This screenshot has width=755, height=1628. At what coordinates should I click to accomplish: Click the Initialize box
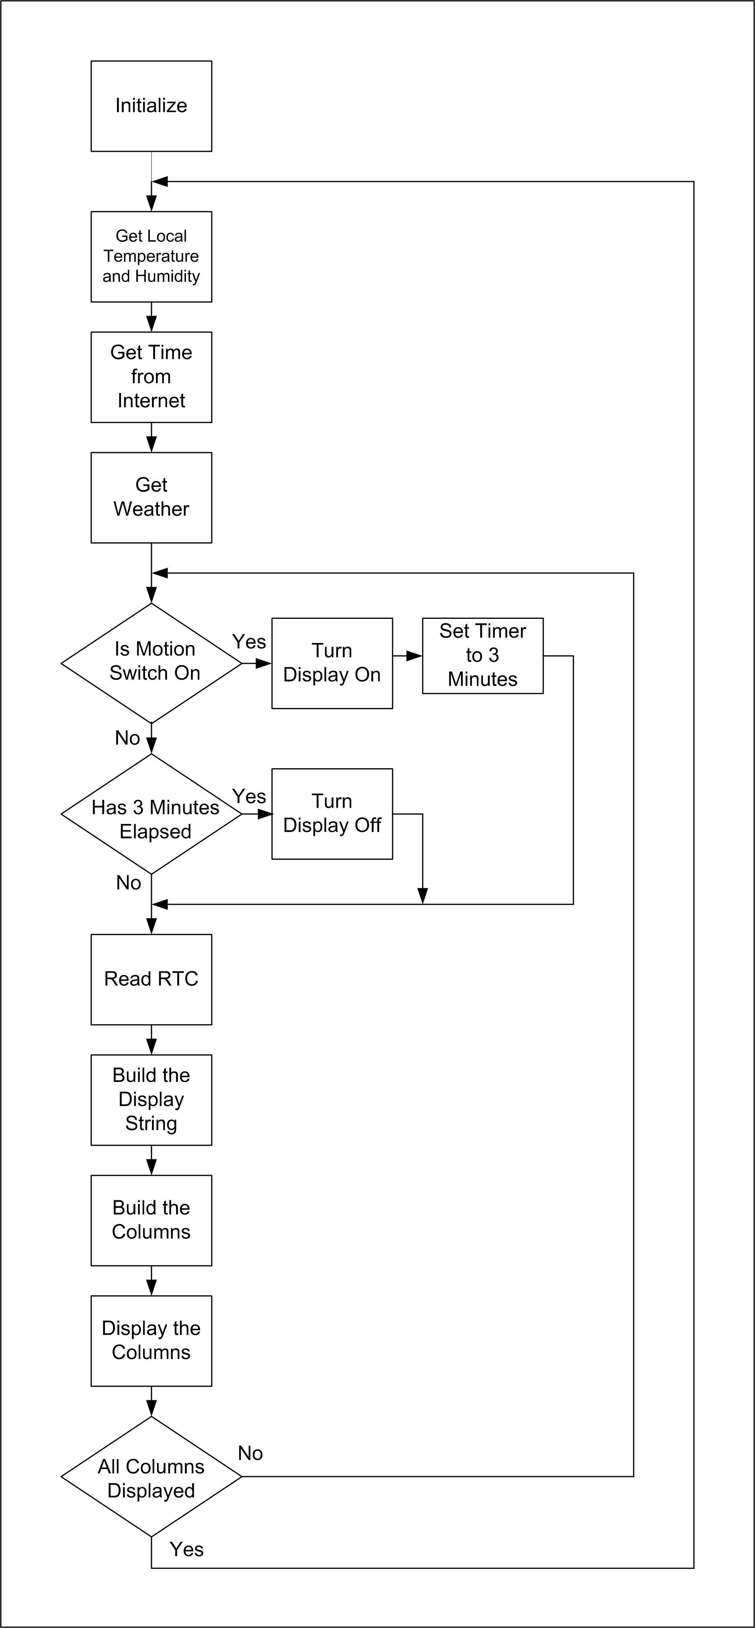click(x=151, y=106)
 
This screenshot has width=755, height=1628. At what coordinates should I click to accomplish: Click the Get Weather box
click(x=151, y=498)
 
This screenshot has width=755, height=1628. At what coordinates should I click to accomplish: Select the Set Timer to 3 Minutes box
click(x=483, y=655)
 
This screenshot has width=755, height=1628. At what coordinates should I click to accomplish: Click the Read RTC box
click(x=151, y=979)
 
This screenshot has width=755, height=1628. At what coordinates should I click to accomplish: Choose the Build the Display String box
click(x=151, y=1100)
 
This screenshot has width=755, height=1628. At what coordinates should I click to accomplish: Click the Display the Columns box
click(x=151, y=1340)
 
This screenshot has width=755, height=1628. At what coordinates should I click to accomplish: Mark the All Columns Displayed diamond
click(x=151, y=1477)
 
